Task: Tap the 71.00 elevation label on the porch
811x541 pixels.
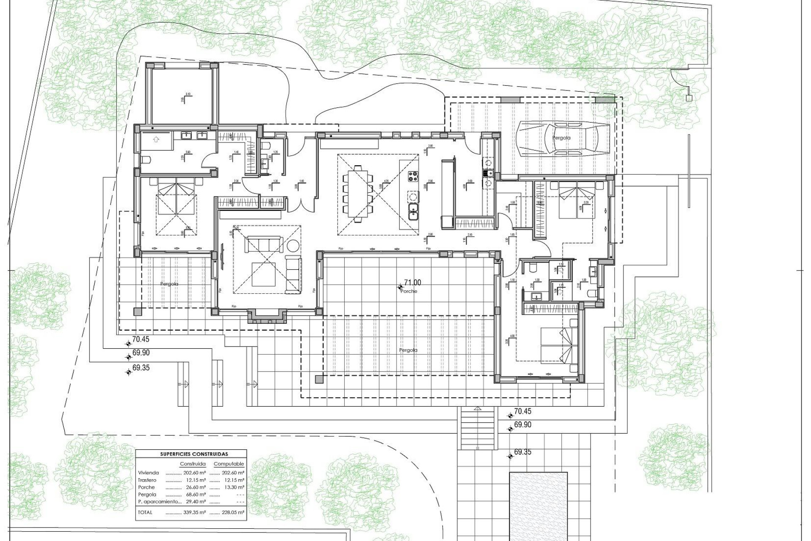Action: [x=412, y=283]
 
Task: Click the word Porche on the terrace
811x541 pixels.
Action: [x=409, y=291]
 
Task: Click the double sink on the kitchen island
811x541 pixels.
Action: [x=413, y=211]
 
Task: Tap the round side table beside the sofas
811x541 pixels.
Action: [x=292, y=247]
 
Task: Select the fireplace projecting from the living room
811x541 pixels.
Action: [x=267, y=317]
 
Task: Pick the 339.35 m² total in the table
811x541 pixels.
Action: [x=193, y=512]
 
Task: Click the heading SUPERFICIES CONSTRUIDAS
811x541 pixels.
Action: [x=194, y=454]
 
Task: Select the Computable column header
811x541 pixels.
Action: [x=229, y=464]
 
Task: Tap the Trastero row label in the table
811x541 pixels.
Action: [x=147, y=480]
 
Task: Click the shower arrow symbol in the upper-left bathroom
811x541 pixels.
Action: [x=155, y=138]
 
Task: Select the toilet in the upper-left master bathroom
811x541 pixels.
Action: [x=144, y=161]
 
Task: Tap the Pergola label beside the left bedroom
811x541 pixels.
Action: [x=169, y=284]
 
